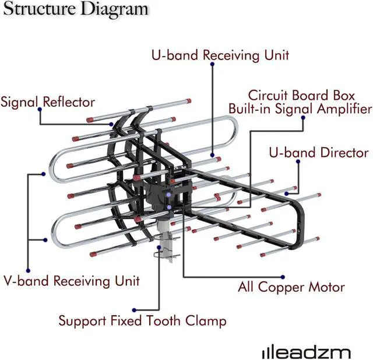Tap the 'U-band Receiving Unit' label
(x=220, y=55)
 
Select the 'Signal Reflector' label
(x=48, y=102)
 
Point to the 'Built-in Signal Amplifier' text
(x=300, y=109)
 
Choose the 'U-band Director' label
(x=318, y=153)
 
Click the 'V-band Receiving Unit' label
(x=72, y=281)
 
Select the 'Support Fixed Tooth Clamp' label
(x=142, y=321)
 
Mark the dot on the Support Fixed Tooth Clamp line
(x=133, y=310)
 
